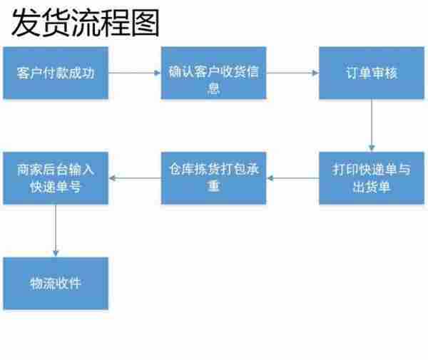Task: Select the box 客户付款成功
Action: click(56, 73)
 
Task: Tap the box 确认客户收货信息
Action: click(213, 73)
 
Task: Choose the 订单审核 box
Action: click(371, 73)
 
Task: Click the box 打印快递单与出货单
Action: click(371, 178)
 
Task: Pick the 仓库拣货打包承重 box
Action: click(213, 178)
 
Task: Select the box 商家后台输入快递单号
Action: click(56, 178)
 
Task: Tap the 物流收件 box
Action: click(56, 283)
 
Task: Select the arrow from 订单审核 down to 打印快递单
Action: click(372, 125)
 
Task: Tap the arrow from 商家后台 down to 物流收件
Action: click(56, 230)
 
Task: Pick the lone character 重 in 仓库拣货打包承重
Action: click(213, 187)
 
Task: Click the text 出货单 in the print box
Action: click(371, 187)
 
